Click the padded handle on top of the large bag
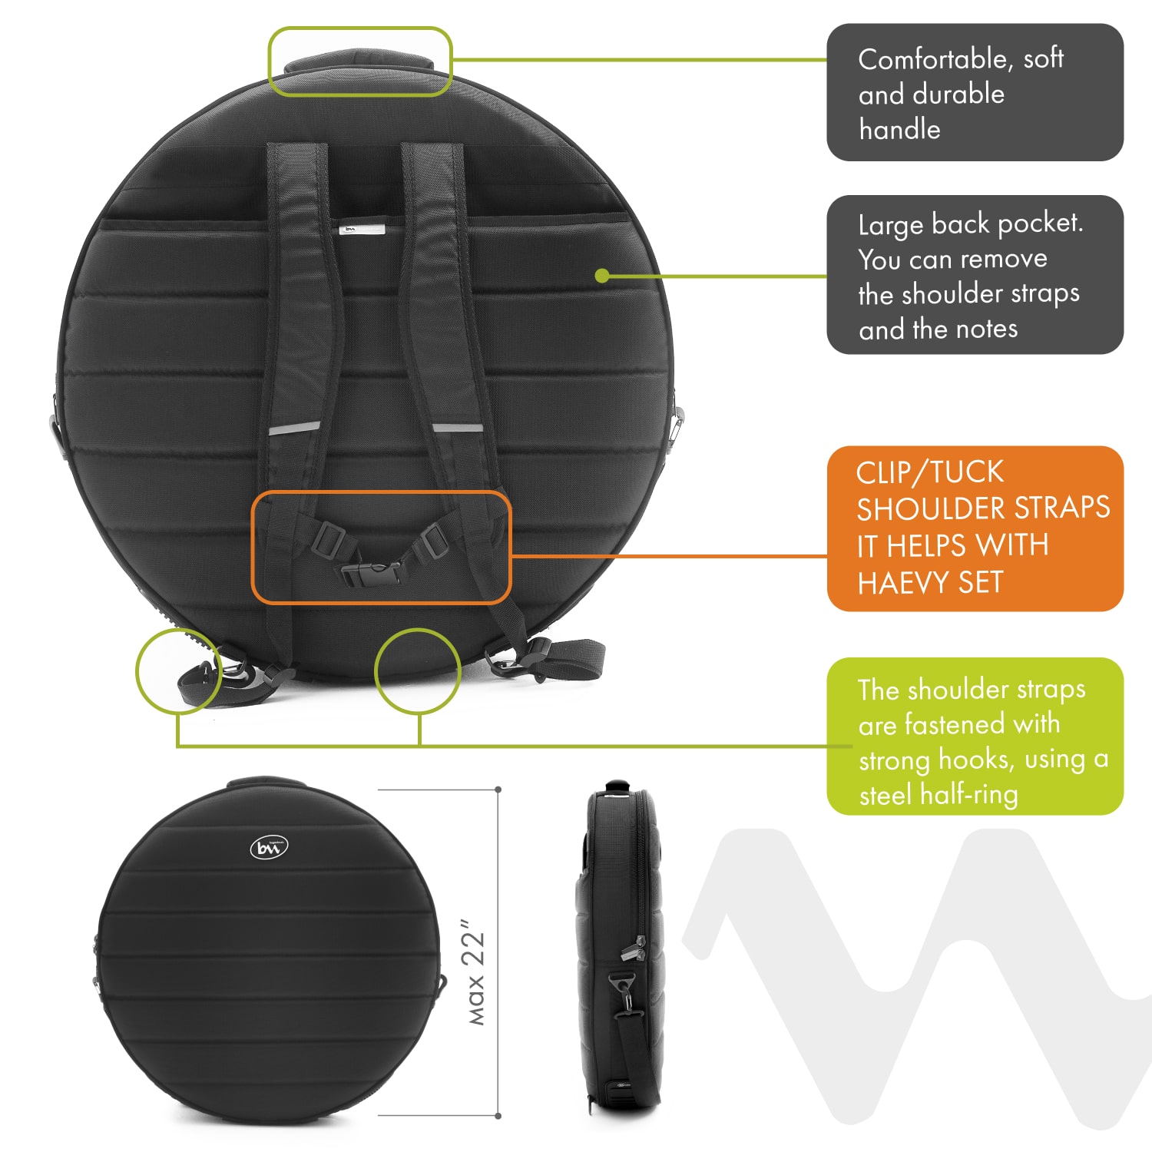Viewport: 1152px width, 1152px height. click(x=359, y=62)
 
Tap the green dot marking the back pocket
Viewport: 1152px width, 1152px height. click(x=602, y=276)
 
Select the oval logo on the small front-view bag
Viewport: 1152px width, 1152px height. click(x=269, y=848)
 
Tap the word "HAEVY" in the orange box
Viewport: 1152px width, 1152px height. click(x=904, y=583)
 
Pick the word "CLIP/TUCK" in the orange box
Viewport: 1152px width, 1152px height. click(x=930, y=473)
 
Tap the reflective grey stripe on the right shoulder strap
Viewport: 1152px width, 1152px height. click(x=458, y=427)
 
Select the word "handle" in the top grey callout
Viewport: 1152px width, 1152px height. click(x=899, y=129)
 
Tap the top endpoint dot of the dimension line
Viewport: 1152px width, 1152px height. click(x=498, y=790)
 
